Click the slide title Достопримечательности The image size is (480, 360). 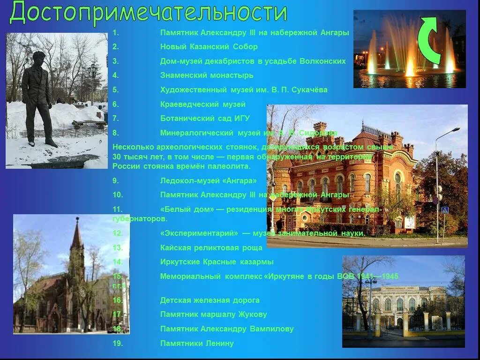pyautogui.click(x=148, y=13)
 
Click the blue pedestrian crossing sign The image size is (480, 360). pyautogui.click(x=444, y=210)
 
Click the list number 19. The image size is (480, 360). pyautogui.click(x=117, y=343)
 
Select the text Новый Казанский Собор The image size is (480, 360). pyautogui.click(x=209, y=46)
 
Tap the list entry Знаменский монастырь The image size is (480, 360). pyautogui.click(x=206, y=75)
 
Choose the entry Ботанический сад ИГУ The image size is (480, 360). pyautogui.click(x=205, y=118)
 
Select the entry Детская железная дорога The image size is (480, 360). pyautogui.click(x=210, y=300)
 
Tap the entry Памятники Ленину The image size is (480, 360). pyautogui.click(x=197, y=343)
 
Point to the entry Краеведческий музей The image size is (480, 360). pyautogui.click(x=202, y=104)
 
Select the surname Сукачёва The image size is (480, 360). pyautogui.click(x=309, y=90)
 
